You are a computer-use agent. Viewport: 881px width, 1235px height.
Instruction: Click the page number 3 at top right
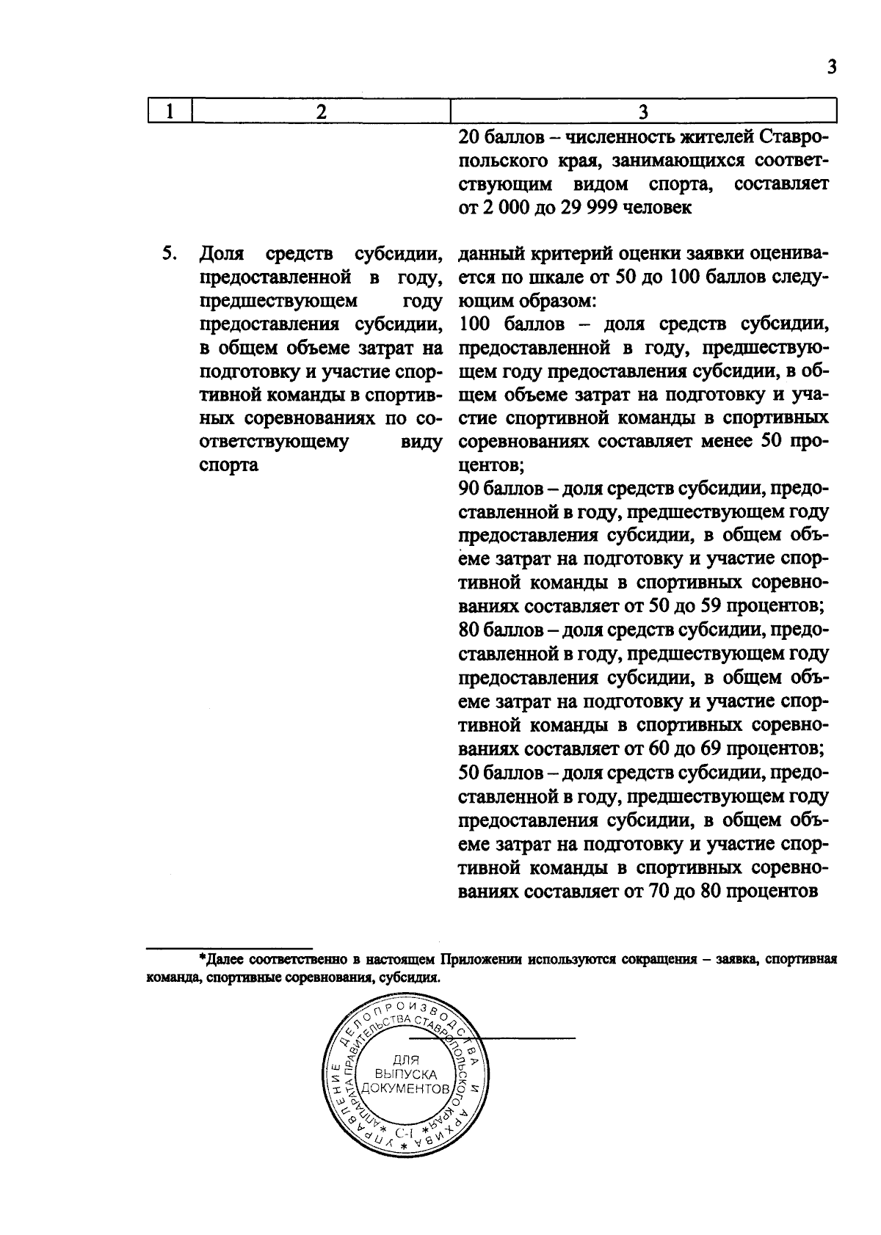coord(831,68)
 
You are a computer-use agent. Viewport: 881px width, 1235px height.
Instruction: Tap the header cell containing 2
coord(320,112)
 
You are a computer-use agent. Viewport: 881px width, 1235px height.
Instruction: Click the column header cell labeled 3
coord(643,112)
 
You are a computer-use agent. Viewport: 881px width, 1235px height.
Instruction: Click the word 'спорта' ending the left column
coord(228,465)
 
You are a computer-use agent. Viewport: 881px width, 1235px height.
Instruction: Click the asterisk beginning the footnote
coord(202,958)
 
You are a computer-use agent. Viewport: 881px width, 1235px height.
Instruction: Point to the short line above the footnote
coord(230,947)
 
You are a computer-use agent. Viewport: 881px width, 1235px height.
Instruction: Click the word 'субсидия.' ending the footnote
coord(407,978)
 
